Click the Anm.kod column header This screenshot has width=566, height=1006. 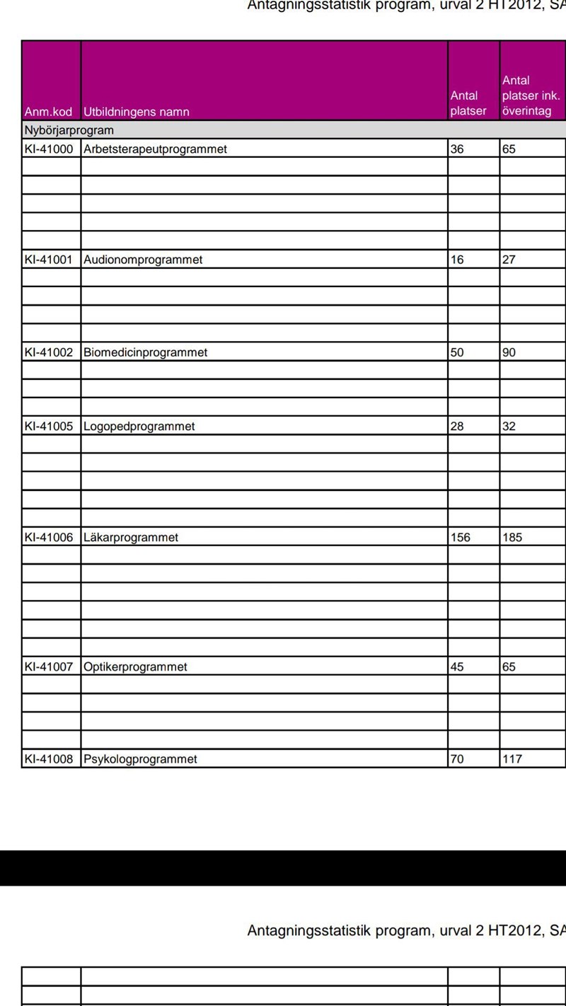point(48,112)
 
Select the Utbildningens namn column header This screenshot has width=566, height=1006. point(137,112)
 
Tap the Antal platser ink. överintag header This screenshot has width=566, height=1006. point(531,96)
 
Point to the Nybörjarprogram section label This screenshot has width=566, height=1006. point(69,130)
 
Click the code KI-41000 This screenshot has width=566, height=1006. point(48,149)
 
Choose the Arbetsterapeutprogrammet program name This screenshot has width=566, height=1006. point(155,149)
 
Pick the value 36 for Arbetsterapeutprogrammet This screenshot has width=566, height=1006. point(457,149)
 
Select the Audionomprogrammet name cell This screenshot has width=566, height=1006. point(143,260)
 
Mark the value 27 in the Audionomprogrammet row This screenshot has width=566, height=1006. point(509,260)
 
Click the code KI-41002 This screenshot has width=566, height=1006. point(48,352)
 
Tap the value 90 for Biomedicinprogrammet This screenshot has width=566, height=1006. point(509,352)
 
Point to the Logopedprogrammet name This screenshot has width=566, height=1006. point(139,427)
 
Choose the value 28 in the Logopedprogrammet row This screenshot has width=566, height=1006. point(457,427)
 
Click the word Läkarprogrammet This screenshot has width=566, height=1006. point(131,538)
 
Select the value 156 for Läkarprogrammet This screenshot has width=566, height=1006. point(460,538)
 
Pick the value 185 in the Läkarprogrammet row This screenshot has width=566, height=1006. point(512,538)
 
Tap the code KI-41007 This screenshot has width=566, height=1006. point(48,667)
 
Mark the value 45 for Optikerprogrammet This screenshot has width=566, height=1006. point(457,667)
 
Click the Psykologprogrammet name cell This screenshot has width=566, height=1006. point(140,759)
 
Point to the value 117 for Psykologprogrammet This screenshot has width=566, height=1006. point(512,759)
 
